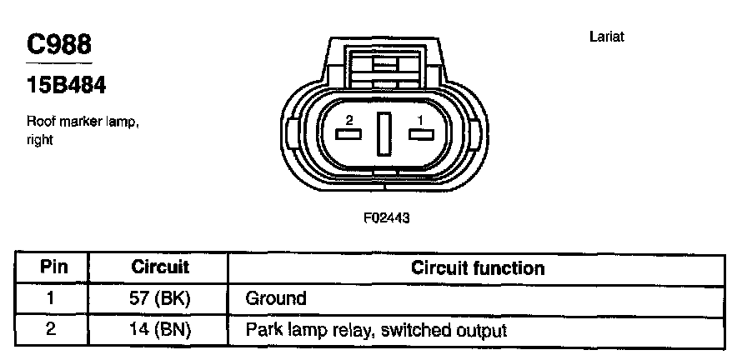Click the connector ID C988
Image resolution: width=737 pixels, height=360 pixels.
pyautogui.click(x=58, y=44)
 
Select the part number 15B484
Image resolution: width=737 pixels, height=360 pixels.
pyautogui.click(x=66, y=86)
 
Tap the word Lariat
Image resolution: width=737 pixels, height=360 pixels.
pyautogui.click(x=606, y=37)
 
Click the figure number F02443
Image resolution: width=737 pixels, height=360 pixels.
pyautogui.click(x=384, y=217)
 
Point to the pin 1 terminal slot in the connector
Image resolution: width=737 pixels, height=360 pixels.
pyautogui.click(x=421, y=135)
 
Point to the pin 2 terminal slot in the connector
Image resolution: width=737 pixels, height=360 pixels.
pyautogui.click(x=347, y=135)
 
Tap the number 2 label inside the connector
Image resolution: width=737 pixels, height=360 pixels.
pyautogui.click(x=348, y=120)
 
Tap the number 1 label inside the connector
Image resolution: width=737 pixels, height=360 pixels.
pyautogui.click(x=420, y=120)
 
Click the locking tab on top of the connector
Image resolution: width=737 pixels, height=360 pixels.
pyautogui.click(x=384, y=65)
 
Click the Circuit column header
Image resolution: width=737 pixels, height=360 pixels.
pyautogui.click(x=161, y=268)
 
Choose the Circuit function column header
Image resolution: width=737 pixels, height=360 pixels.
pyautogui.click(x=478, y=268)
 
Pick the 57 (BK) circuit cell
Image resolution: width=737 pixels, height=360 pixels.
pyautogui.click(x=161, y=298)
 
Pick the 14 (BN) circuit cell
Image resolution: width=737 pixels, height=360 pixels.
pyautogui.click(x=161, y=329)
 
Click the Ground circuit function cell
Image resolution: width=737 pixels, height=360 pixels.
pyautogui.click(x=276, y=298)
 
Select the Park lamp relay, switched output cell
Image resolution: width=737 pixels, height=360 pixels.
pyautogui.click(x=376, y=329)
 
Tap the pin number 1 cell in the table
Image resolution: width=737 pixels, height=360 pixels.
pyautogui.click(x=52, y=298)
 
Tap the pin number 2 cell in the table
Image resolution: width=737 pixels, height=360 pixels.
pyautogui.click(x=52, y=329)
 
